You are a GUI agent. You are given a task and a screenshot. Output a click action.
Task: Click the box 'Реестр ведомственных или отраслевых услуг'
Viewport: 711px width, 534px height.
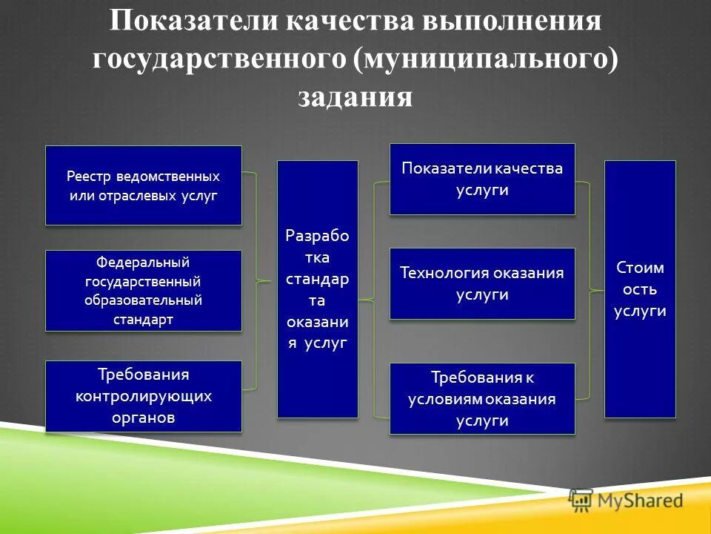tap(143, 185)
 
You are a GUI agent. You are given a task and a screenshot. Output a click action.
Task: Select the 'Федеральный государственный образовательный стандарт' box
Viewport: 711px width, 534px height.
tap(143, 291)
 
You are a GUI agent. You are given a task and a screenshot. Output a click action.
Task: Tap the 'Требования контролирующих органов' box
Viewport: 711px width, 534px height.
tap(143, 396)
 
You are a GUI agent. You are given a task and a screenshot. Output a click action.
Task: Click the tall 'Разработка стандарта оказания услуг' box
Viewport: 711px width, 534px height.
tap(317, 289)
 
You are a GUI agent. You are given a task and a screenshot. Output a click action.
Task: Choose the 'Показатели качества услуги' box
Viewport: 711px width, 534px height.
tap(482, 179)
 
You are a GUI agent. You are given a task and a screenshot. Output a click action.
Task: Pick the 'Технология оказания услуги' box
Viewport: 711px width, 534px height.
tap(482, 283)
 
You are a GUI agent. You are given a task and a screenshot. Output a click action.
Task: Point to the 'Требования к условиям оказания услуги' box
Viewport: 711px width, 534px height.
tap(482, 398)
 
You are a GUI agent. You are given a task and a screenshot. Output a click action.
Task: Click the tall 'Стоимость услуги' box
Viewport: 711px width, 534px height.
tap(640, 289)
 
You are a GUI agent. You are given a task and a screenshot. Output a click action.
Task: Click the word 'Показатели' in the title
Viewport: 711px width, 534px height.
tap(190, 22)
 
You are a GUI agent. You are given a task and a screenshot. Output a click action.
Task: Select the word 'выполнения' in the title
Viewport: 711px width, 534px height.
tap(512, 22)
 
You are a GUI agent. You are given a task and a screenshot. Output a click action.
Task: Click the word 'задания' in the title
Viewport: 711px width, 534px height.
tap(355, 97)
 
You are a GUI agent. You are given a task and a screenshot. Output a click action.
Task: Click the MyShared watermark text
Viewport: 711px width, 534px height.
tap(641, 501)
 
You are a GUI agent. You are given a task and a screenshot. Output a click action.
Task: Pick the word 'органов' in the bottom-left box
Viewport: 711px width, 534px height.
tap(143, 417)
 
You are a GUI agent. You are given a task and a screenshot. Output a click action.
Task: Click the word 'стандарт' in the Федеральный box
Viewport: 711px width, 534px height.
tap(143, 320)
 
